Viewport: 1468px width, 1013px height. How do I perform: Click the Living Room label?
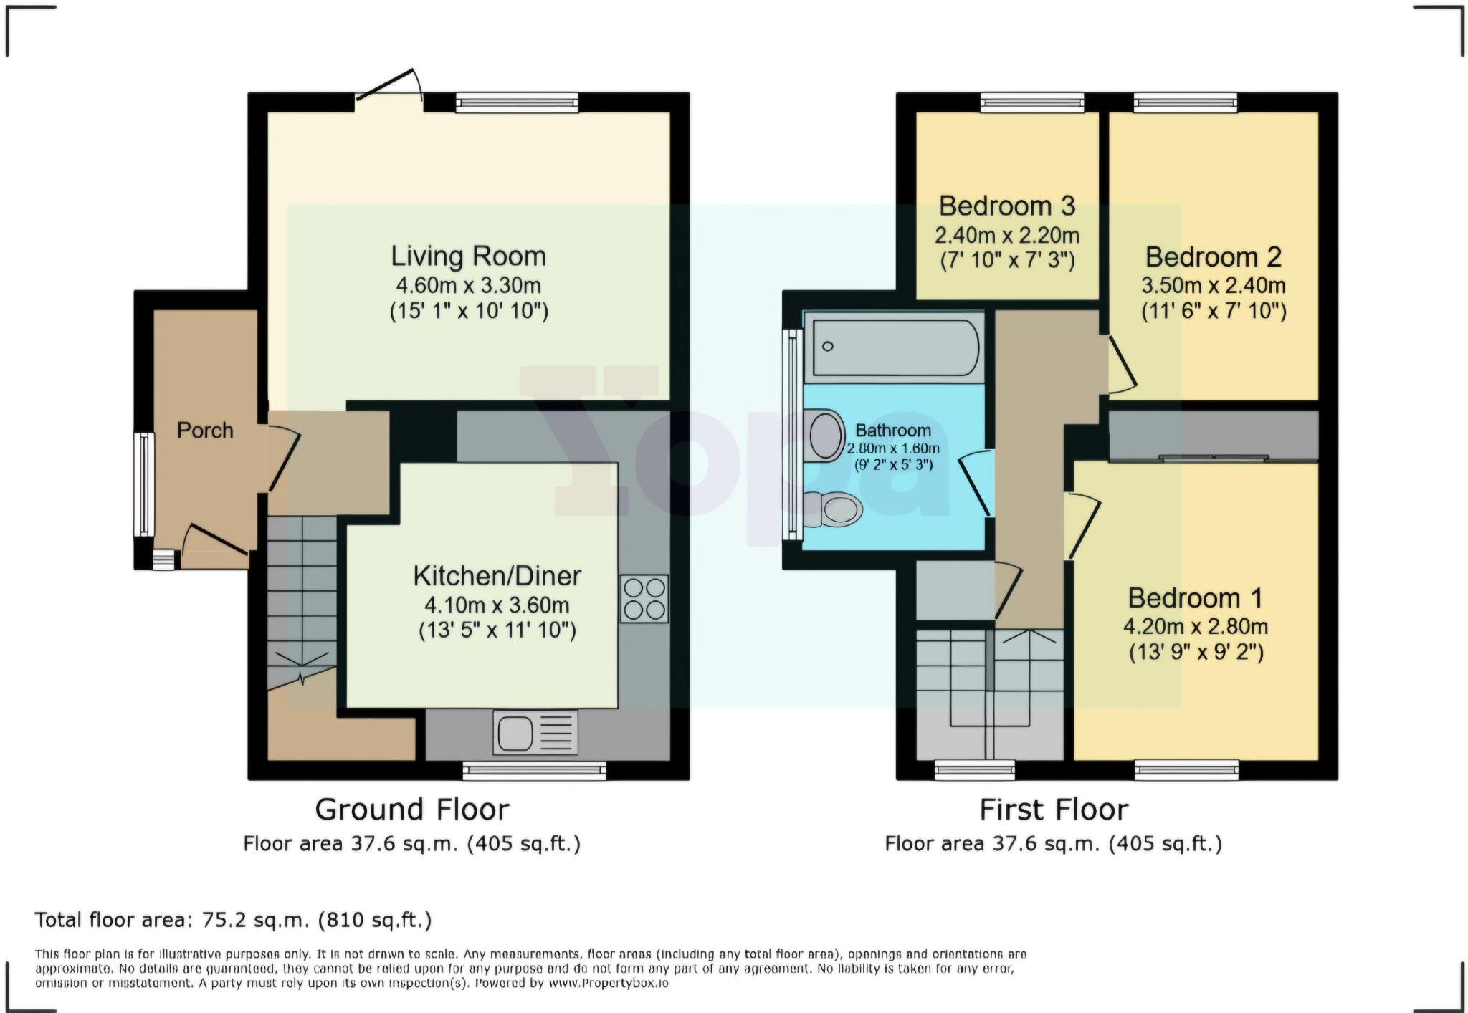[468, 256]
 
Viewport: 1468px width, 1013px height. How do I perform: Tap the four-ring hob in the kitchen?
[644, 598]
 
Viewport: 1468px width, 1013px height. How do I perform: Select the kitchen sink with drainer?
[535, 732]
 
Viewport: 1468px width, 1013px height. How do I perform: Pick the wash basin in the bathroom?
[826, 435]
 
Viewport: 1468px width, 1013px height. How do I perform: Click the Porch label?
[205, 431]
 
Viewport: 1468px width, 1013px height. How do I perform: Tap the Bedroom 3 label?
[1006, 206]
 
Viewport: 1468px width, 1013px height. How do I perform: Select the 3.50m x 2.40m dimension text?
[1213, 286]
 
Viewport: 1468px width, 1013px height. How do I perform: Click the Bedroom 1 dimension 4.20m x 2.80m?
[1195, 627]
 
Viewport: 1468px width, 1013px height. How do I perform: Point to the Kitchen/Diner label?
[497, 576]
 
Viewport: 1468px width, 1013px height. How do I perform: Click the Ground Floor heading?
[412, 810]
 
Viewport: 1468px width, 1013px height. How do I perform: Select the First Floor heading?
[1053, 810]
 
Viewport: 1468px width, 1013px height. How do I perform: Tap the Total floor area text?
[233, 920]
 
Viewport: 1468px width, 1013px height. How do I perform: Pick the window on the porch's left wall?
[144, 484]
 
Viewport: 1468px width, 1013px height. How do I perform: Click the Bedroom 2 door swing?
[1121, 365]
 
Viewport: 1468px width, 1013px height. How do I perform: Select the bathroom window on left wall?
[792, 433]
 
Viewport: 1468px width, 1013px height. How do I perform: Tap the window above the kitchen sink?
[534, 771]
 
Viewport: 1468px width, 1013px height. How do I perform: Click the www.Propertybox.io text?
[609, 984]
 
